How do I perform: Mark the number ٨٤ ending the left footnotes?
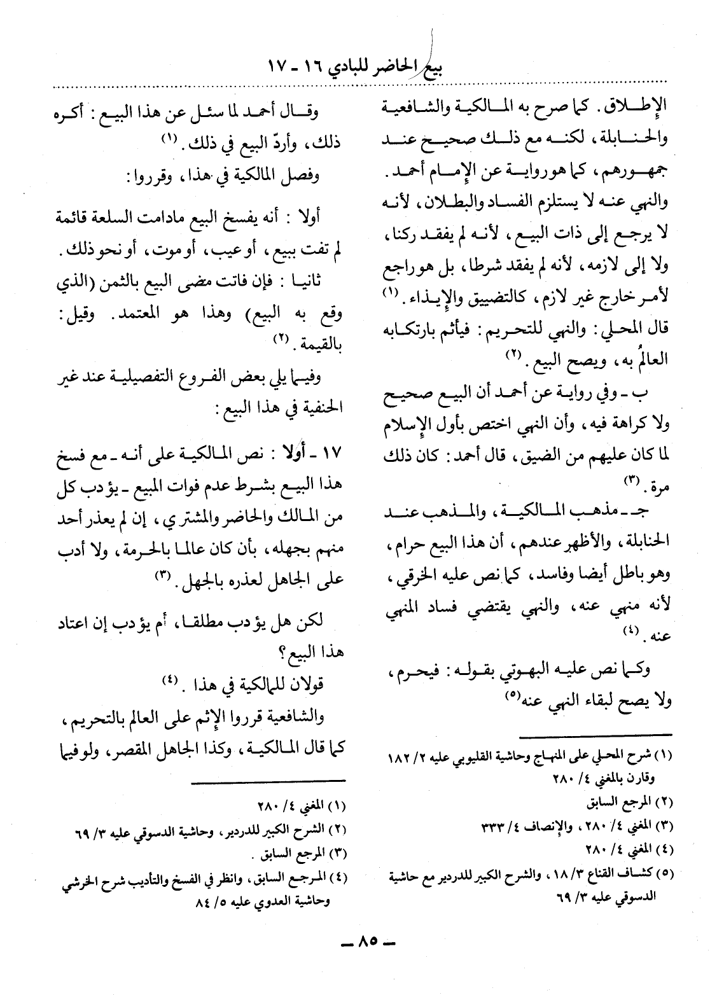coord(174,903)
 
